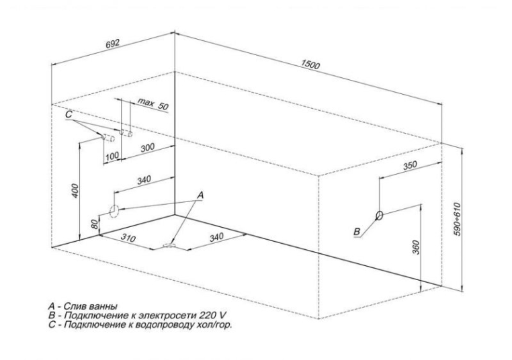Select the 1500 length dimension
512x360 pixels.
pyautogui.click(x=311, y=64)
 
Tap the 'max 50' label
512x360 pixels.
pyautogui.click(x=153, y=104)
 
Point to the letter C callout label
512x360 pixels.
pyautogui.click(x=69, y=116)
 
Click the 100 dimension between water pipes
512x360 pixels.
pyautogui.click(x=112, y=156)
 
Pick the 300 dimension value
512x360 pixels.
pyautogui.click(x=147, y=147)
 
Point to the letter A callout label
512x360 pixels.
pyautogui.click(x=200, y=193)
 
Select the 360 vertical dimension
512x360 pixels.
pyautogui.click(x=416, y=247)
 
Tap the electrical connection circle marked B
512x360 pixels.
pyautogui.click(x=380, y=216)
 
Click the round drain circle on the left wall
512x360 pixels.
pyautogui.click(x=113, y=212)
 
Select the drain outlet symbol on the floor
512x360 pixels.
pyautogui.click(x=169, y=246)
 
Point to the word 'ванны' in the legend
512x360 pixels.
pyautogui.click(x=103, y=306)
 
